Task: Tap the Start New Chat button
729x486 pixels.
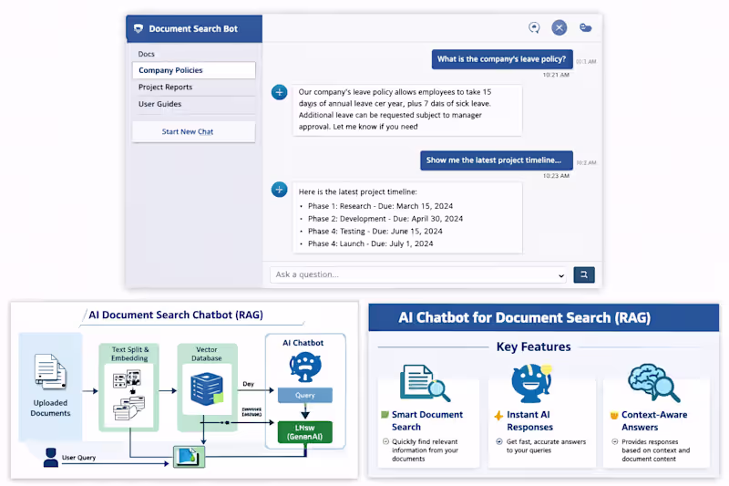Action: click(188, 131)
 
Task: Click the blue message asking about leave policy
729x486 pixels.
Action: click(501, 59)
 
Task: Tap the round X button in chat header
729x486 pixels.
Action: click(560, 28)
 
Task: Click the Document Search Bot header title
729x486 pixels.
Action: click(192, 28)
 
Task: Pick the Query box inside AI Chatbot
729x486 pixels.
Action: click(304, 395)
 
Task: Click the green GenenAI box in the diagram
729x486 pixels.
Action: click(304, 431)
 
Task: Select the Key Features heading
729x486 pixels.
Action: click(534, 346)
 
